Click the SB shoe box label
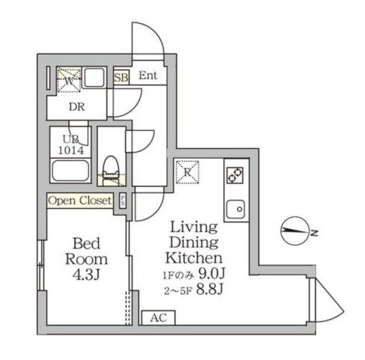120,76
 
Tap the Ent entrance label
147,76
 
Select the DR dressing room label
76,106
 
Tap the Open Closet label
80,201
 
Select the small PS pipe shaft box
122,201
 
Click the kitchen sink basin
236,207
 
